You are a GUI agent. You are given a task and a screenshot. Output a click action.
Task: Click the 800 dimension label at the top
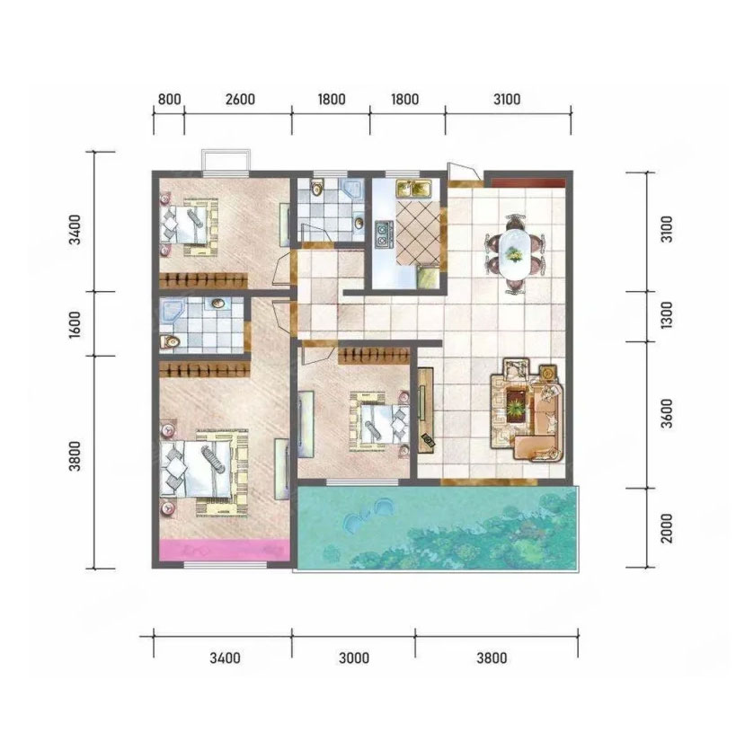coord(170,100)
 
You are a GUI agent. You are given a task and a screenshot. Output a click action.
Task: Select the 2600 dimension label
coord(240,100)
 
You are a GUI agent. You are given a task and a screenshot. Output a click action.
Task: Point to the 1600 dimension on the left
coord(75,325)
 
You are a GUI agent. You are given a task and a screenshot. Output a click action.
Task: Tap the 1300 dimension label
coord(666,314)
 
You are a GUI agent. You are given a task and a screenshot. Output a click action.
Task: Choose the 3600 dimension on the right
coord(666,413)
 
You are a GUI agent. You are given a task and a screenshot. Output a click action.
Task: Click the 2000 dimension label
coord(666,528)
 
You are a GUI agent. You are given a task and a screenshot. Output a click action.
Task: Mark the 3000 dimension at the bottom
coord(354,658)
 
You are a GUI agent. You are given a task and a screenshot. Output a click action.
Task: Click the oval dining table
coord(515,253)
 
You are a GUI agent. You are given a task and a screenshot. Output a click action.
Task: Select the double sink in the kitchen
coord(414,188)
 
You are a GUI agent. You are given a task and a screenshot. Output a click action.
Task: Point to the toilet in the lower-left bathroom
coord(169,341)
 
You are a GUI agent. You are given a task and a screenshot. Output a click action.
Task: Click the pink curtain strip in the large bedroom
coord(225,550)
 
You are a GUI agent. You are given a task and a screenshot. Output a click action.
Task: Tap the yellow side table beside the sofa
coord(548,372)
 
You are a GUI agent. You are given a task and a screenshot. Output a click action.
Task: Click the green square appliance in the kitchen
coord(428,278)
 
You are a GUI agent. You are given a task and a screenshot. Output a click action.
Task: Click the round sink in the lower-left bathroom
coord(218,304)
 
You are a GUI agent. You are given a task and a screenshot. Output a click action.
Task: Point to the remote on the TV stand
coord(426,439)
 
